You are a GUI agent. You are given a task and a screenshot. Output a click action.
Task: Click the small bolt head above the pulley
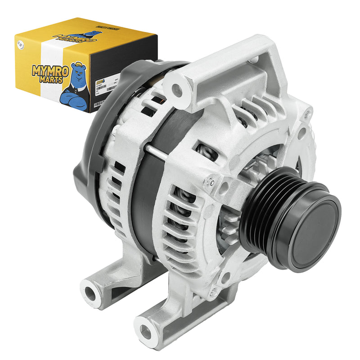tap(209, 182)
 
